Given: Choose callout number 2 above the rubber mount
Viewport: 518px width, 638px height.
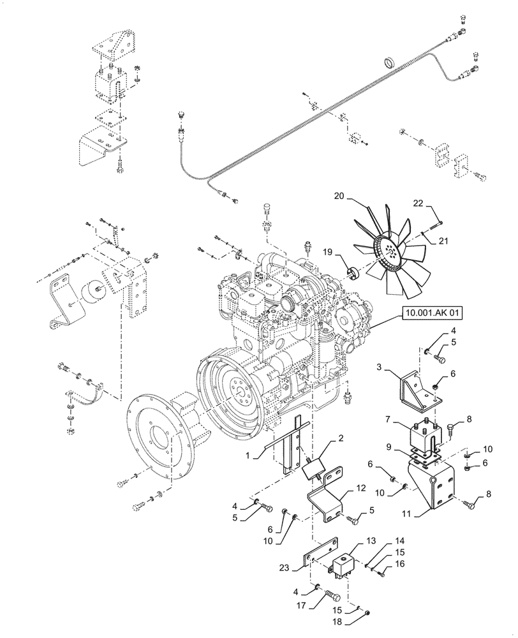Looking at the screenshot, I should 341,438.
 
